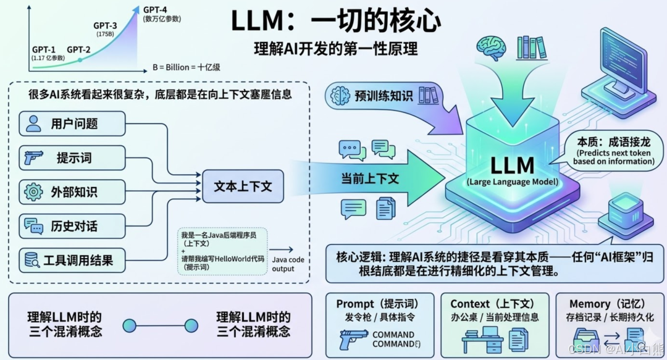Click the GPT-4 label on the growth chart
pos(156,10)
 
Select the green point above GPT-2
pos(80,60)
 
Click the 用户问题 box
pos(73,124)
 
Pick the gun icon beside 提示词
pos(33,158)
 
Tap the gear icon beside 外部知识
pos(33,192)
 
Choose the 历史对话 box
pos(73,226)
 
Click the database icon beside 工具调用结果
pos(32,260)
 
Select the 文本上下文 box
pos(243,186)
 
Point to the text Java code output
pos(288,264)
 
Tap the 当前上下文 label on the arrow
pos(371,178)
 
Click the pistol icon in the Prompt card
pos(354,339)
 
